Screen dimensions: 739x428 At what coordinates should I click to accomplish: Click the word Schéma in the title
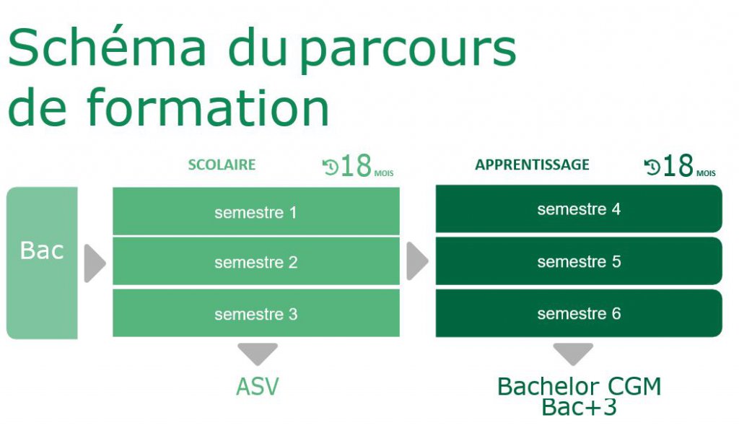click(108, 46)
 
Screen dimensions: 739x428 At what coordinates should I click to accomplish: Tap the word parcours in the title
click(408, 51)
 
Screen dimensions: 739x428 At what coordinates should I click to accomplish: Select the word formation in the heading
click(208, 108)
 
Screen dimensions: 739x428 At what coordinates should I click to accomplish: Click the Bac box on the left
click(42, 263)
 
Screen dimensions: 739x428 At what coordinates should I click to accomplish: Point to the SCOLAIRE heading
click(222, 165)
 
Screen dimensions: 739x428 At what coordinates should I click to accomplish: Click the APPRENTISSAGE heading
click(532, 165)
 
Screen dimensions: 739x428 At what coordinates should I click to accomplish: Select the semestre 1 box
click(256, 211)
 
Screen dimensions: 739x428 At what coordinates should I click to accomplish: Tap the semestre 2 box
click(256, 261)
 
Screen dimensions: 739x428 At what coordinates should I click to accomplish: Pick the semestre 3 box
click(256, 313)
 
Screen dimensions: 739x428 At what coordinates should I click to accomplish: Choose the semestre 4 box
click(579, 209)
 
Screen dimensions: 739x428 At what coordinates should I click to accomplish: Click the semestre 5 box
click(579, 261)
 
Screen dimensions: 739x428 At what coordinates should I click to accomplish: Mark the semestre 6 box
click(579, 313)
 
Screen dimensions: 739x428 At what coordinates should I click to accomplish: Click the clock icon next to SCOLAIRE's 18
click(331, 167)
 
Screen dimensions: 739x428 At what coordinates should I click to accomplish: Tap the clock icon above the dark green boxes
click(652, 167)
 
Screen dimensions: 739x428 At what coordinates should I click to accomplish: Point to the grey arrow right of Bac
click(95, 263)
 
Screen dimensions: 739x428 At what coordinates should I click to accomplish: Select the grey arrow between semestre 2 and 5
click(417, 261)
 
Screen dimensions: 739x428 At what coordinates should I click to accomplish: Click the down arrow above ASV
click(258, 354)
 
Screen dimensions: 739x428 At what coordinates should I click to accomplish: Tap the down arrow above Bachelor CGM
click(573, 354)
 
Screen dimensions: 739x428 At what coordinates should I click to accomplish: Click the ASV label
click(258, 387)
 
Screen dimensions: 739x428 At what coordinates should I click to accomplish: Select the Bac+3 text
click(579, 407)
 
